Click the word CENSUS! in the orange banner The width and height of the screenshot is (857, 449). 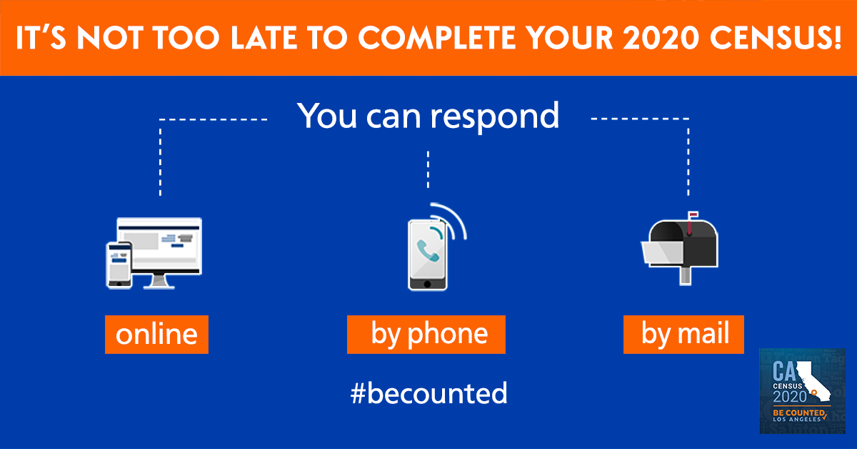[x=776, y=38]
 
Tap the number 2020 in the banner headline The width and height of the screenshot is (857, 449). [x=661, y=38]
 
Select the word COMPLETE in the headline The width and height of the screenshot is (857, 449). [x=436, y=38]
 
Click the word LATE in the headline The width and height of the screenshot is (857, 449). [x=264, y=38]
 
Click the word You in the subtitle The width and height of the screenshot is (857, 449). [x=327, y=115]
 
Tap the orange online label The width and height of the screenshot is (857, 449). [x=156, y=335]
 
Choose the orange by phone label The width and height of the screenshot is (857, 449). [x=426, y=335]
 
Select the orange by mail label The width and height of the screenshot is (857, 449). [x=683, y=335]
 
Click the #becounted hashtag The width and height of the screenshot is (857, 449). [x=429, y=393]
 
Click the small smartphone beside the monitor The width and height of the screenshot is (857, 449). [x=119, y=265]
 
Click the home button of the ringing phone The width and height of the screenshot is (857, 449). [x=427, y=285]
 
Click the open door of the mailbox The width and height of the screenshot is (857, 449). [x=663, y=253]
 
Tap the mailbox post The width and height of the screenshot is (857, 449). [x=685, y=276]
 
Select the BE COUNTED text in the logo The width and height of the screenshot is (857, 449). [x=798, y=413]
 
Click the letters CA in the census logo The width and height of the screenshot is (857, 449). [x=783, y=371]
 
